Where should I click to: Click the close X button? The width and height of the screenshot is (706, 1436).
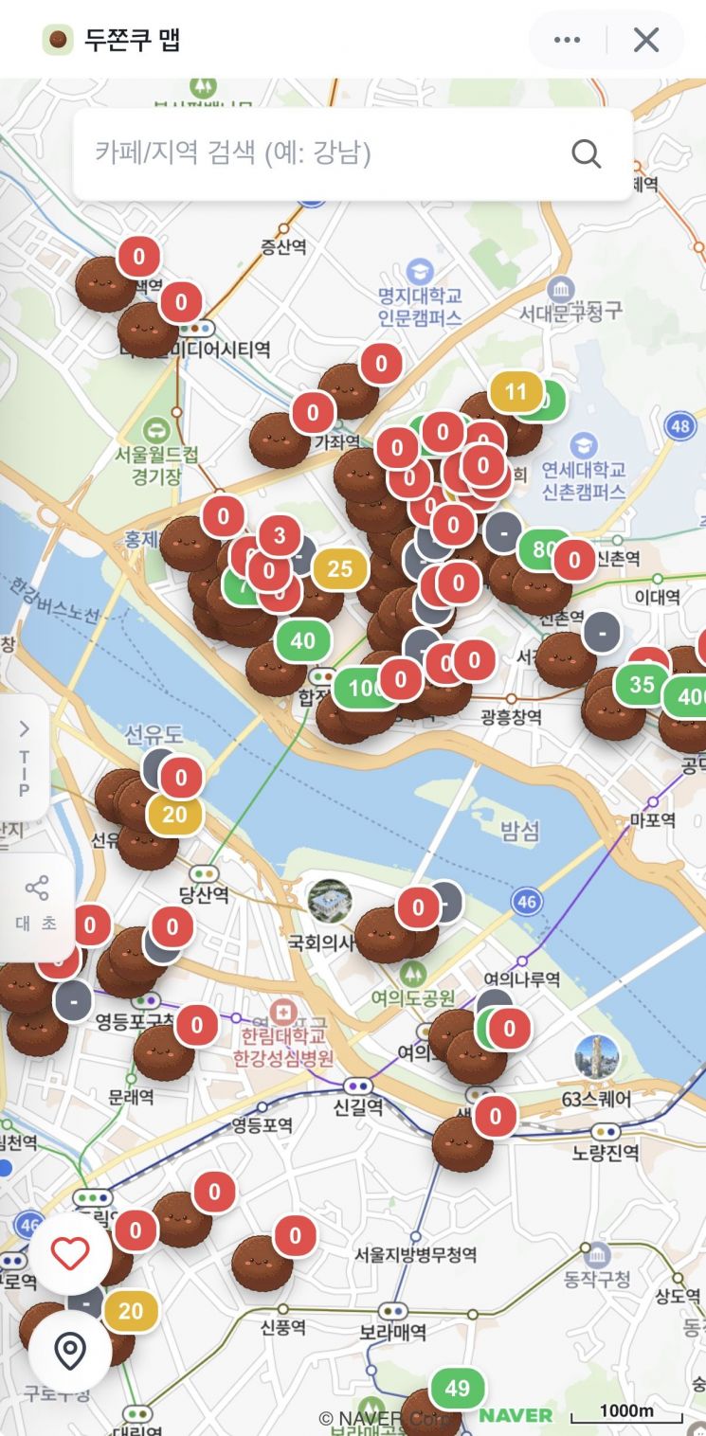[646, 40]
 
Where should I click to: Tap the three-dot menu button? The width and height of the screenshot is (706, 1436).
[567, 40]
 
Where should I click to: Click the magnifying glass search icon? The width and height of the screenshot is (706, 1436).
[587, 153]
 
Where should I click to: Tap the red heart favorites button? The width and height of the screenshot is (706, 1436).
[70, 1254]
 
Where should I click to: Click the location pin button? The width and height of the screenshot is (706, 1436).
[70, 1351]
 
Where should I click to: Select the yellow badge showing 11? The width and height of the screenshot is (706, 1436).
[516, 392]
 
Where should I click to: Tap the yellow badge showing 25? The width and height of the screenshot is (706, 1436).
[339, 568]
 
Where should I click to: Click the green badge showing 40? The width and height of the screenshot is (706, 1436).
[303, 641]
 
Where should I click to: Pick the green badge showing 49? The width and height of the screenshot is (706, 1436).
[457, 1389]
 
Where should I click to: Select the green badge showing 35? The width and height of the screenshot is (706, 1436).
[642, 684]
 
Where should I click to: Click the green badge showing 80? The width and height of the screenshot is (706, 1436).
[543, 549]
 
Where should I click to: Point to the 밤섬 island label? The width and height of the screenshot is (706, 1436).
[519, 832]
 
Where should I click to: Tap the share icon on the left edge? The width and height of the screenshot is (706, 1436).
[37, 889]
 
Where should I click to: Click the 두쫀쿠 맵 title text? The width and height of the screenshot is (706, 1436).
[132, 40]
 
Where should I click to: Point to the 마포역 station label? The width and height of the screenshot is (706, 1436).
[655, 820]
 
